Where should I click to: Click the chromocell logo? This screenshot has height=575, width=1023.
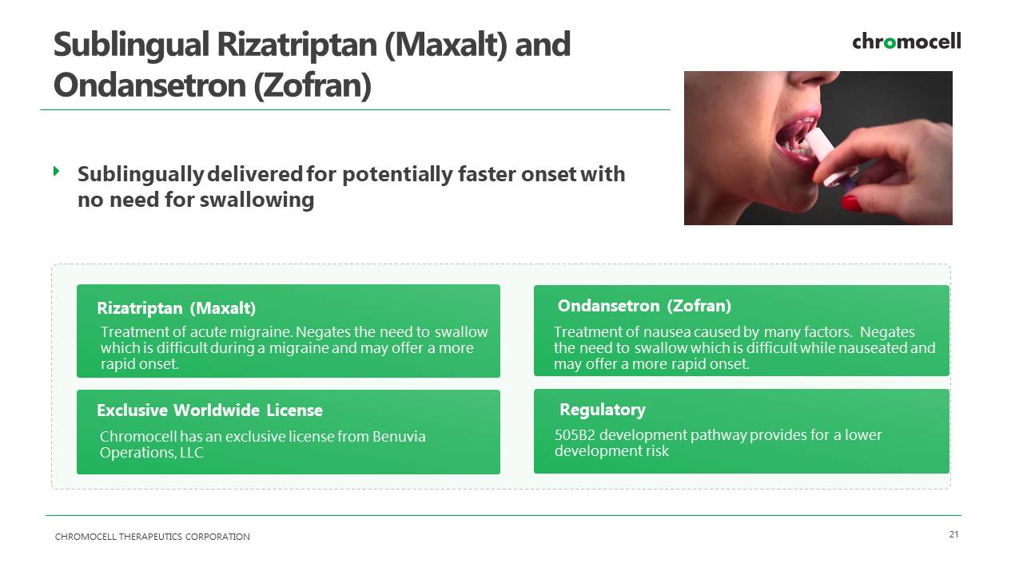tap(906, 42)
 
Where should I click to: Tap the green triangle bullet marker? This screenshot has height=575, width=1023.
tap(57, 171)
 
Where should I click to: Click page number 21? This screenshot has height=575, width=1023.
tap(953, 534)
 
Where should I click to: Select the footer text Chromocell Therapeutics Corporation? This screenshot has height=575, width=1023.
tap(152, 537)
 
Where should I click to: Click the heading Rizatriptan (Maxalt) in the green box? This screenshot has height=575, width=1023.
tap(177, 308)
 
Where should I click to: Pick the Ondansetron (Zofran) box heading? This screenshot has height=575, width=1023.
tap(644, 306)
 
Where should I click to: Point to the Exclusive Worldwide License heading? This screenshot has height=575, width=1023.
tap(209, 410)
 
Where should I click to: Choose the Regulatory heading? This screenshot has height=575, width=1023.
tap(603, 410)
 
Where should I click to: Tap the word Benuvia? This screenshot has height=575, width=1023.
tap(399, 437)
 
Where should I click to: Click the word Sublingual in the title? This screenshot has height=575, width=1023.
tap(131, 45)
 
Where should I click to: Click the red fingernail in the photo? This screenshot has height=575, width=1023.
tap(851, 202)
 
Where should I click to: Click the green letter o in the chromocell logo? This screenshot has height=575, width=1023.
tap(890, 43)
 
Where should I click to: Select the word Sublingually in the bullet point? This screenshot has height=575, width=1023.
tap(140, 175)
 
